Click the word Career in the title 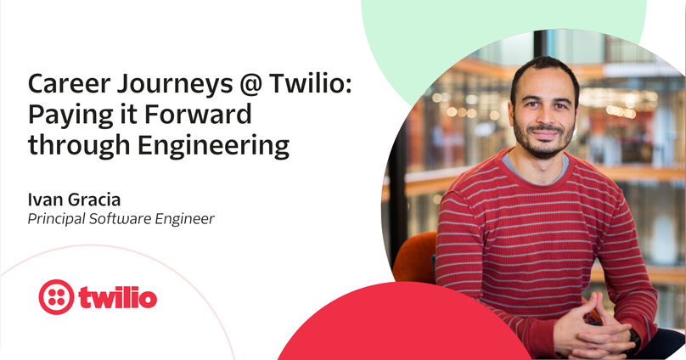[69, 83]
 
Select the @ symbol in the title [250, 85]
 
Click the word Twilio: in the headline [310, 83]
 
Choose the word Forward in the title [198, 114]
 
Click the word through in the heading [79, 146]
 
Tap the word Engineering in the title [213, 146]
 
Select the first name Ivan [44, 200]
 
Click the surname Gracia [94, 200]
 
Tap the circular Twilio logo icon [56, 297]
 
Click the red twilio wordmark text [117, 297]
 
